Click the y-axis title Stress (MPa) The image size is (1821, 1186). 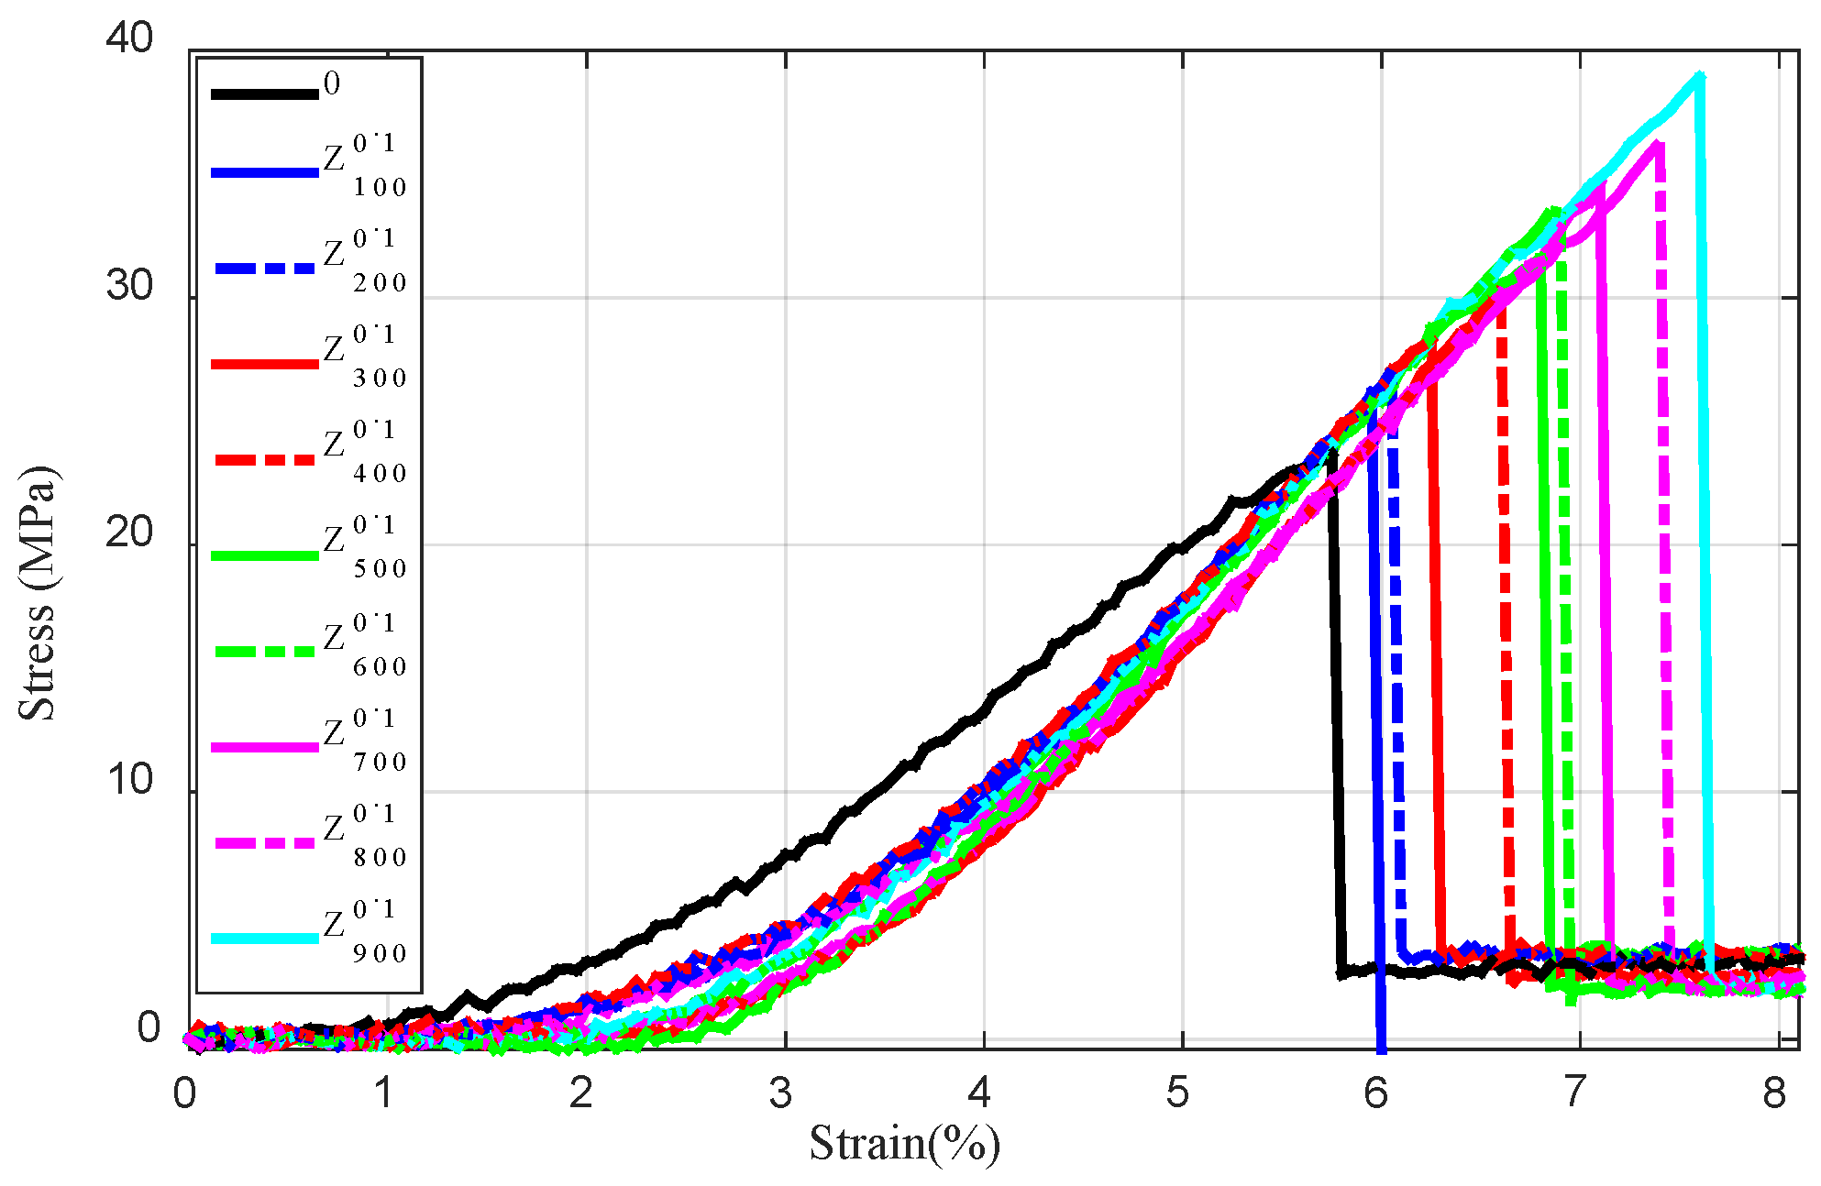click(x=37, y=593)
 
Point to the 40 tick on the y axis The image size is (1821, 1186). click(x=129, y=38)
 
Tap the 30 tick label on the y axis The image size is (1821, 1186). click(x=129, y=286)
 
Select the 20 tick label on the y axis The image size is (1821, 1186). click(x=129, y=533)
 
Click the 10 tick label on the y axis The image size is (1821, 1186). click(x=129, y=780)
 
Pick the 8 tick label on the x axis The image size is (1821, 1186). click(x=1774, y=1093)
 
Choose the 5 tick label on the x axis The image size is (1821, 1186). click(x=1178, y=1093)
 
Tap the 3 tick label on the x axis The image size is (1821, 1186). click(x=780, y=1093)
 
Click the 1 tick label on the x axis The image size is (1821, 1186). click(x=383, y=1093)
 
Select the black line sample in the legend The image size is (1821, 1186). click(x=264, y=93)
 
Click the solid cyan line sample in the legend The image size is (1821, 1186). click(x=264, y=939)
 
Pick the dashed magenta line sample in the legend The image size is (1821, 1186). click(x=264, y=842)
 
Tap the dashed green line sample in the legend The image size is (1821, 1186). click(x=264, y=652)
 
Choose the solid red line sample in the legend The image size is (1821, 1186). click(x=264, y=364)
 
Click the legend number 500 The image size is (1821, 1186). click(x=380, y=569)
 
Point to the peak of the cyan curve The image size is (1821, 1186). click(x=1699, y=77)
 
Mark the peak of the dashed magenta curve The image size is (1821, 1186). click(x=1658, y=144)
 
